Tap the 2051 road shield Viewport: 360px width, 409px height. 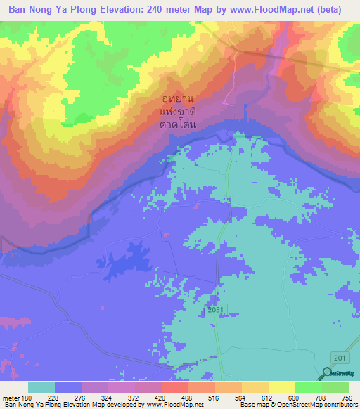[x=216, y=310]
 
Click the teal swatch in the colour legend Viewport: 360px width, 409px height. [x=41, y=387]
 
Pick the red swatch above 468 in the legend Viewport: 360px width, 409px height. [x=175, y=387]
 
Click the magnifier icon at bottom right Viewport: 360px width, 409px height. [x=327, y=375]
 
